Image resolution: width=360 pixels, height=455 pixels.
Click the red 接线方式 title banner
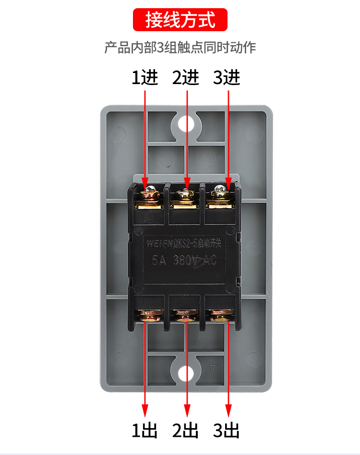[180, 21]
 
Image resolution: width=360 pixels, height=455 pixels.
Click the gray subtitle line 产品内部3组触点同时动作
[180, 48]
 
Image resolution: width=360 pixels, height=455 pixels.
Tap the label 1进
[145, 77]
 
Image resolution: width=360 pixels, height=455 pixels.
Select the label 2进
[186, 77]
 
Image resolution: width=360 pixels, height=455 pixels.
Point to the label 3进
[227, 77]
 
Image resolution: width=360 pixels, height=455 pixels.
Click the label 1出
[145, 430]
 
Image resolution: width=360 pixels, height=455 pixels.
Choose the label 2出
[186, 430]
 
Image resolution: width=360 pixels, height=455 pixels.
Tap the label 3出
[227, 430]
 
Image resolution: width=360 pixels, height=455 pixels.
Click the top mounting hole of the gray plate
[186, 123]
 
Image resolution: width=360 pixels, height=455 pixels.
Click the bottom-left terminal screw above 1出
[150, 316]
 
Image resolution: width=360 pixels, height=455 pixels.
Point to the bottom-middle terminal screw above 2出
[185, 316]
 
